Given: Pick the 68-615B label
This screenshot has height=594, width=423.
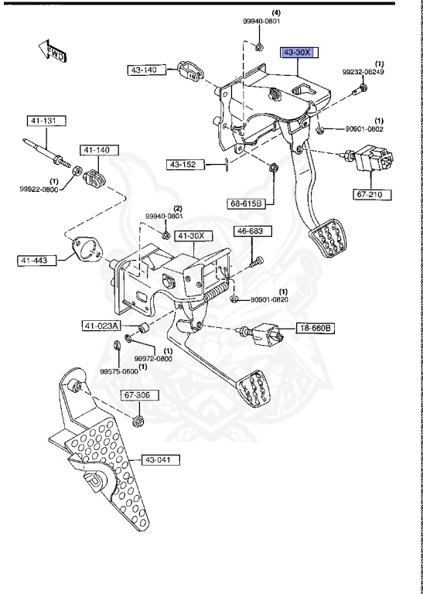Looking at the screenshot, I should tap(246, 203).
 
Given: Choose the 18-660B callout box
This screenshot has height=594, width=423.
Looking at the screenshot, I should tap(316, 329).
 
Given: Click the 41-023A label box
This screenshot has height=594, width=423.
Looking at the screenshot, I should tap(102, 326).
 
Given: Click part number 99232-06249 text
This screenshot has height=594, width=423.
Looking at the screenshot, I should tap(363, 72).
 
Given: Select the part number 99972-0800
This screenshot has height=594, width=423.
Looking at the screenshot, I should tap(153, 358).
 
